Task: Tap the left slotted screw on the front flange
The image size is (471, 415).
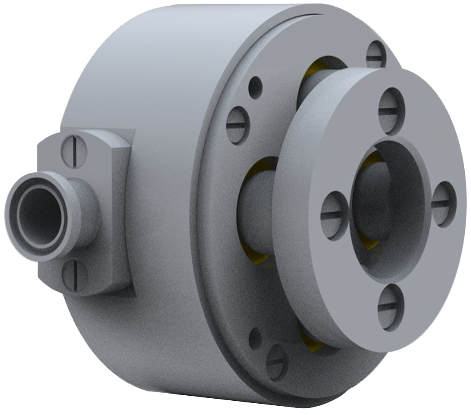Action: [334, 215]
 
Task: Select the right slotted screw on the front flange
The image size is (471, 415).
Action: [443, 204]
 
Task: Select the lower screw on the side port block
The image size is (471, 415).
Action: [74, 275]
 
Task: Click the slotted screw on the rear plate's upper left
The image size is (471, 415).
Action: [238, 125]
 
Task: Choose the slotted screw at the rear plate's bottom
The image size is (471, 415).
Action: [277, 362]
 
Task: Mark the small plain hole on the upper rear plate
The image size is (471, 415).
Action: [255, 88]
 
